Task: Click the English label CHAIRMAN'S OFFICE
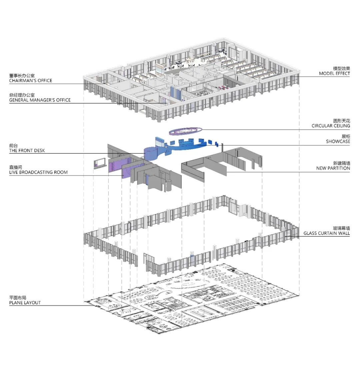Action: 31,81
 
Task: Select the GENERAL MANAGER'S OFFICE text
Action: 40,100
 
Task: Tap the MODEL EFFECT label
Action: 334,73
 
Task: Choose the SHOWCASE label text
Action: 338,141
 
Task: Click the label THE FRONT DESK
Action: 27,151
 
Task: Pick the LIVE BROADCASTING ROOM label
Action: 38,172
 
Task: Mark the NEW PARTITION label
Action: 333,168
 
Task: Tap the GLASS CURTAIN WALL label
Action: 327,234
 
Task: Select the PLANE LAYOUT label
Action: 25,302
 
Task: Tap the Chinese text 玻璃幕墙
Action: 341,228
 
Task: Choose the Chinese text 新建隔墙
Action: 342,163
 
